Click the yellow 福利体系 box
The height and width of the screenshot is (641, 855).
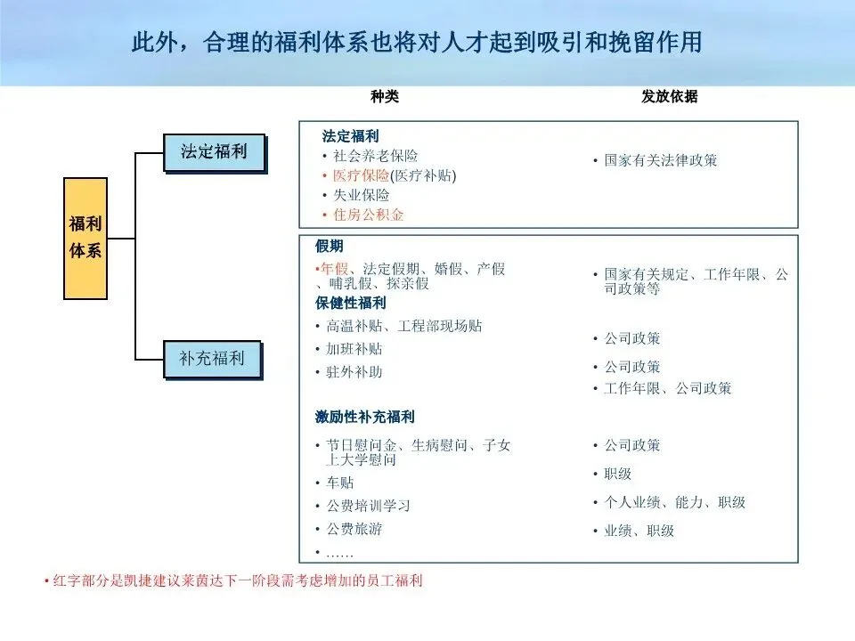click(85, 238)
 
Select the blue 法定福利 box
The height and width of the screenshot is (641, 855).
click(214, 151)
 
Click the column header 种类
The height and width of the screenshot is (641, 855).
click(385, 97)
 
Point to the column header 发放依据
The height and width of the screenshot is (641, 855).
click(670, 97)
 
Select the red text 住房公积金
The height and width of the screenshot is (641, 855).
click(368, 215)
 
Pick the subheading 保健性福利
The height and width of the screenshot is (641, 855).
click(351, 303)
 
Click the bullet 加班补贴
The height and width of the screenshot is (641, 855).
click(354, 349)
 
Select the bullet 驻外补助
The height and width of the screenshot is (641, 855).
click(354, 372)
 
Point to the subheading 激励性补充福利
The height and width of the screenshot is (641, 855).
click(365, 417)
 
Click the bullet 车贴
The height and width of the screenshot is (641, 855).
click(339, 483)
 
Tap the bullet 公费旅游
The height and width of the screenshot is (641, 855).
click(354, 529)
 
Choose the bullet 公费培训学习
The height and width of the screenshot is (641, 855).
click(368, 506)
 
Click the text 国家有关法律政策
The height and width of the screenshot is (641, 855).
click(661, 161)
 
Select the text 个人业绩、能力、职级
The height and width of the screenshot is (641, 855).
click(674, 503)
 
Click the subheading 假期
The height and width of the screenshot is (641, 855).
click(329, 246)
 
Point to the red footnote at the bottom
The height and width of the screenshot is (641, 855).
click(233, 581)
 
